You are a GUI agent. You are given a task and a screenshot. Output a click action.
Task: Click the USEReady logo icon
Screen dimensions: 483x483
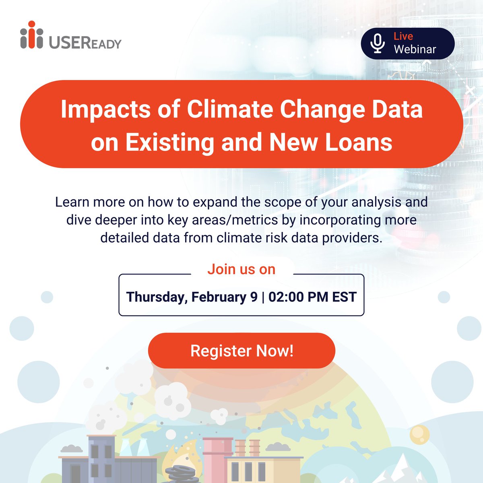click(31, 35)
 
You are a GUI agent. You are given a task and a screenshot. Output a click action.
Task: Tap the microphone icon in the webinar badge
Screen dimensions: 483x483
click(378, 43)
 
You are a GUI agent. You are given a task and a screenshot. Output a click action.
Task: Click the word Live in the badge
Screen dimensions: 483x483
click(403, 36)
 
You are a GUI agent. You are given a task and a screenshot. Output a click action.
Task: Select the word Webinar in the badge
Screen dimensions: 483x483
click(415, 50)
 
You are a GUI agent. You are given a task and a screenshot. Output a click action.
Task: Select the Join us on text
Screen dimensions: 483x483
click(242, 269)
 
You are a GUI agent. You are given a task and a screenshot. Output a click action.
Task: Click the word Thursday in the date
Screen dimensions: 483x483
click(155, 297)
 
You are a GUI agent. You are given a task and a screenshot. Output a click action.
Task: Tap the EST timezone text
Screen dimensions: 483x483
click(344, 297)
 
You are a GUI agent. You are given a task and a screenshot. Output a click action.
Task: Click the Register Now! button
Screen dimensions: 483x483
click(242, 351)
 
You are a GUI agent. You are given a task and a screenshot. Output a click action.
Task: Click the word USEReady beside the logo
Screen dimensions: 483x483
click(85, 42)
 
